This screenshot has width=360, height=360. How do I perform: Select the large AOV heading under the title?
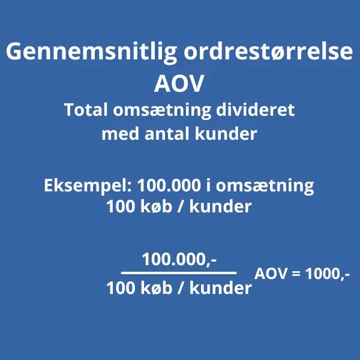179,84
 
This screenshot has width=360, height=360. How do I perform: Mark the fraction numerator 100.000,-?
179,260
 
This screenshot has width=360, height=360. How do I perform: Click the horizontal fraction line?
179,274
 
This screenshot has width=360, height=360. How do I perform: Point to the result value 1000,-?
328,274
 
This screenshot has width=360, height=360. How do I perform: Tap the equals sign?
295,275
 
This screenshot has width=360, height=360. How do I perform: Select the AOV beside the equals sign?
271,274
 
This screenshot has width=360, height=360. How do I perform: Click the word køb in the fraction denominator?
157,289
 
